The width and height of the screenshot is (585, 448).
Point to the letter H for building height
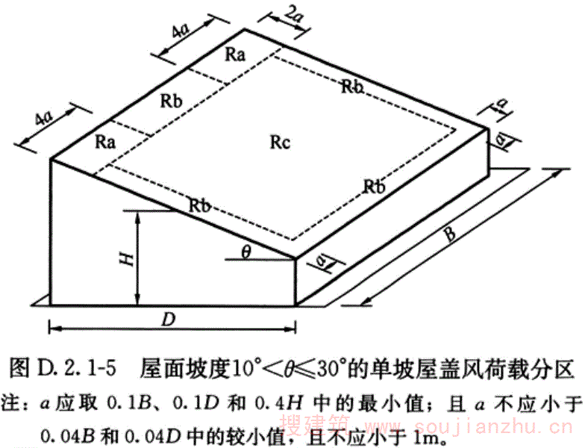coord(128,258)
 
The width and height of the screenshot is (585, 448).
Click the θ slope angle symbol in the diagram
coord(245,252)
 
